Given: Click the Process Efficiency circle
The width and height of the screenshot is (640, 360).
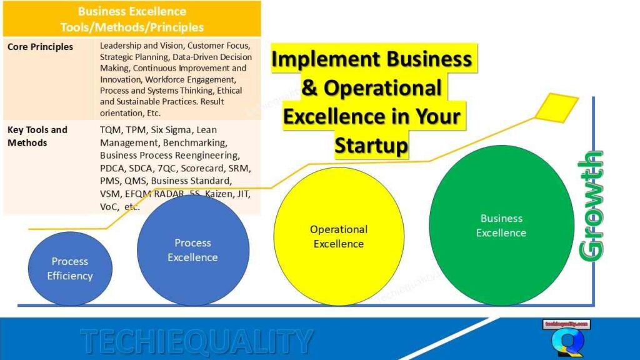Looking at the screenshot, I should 70,269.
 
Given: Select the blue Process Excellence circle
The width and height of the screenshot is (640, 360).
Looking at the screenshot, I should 192,250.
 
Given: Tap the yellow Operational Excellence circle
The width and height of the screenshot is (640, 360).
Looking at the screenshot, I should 339,236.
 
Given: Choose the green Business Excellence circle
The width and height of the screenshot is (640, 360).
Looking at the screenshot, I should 501,225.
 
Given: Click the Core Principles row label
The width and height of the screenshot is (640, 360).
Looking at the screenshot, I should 40,47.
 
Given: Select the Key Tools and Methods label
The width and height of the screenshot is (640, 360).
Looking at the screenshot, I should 37,136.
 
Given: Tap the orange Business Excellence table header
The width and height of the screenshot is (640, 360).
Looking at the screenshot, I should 132,19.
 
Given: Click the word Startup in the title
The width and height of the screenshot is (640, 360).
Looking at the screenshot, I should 371,145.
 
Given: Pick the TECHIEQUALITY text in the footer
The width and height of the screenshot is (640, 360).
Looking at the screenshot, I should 196,341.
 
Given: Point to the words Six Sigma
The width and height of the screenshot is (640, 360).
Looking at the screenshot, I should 171,130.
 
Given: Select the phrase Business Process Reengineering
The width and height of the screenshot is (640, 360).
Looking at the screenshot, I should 169,155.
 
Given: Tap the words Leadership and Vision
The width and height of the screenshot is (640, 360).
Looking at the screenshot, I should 142,46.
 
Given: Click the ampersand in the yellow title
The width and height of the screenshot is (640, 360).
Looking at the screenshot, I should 309,88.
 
